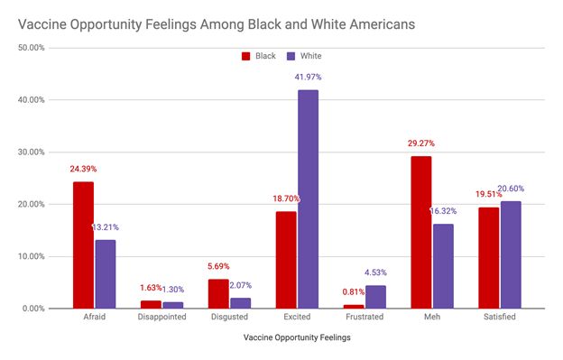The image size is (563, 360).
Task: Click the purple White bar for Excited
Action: coord(308,198)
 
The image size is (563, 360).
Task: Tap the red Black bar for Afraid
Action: coord(83,245)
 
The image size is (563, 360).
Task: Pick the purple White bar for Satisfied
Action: coord(511,254)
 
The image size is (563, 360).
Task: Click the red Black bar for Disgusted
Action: coord(218,293)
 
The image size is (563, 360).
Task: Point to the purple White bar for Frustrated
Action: coord(375,297)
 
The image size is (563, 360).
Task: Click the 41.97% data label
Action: coord(308,78)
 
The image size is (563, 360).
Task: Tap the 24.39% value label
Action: coord(83,168)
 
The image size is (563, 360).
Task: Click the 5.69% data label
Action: coord(218,266)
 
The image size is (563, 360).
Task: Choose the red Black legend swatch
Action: coord(245,56)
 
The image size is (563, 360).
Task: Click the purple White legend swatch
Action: coord(291,56)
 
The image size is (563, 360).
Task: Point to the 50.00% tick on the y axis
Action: coord(32,48)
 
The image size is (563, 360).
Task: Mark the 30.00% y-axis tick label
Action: coord(32,152)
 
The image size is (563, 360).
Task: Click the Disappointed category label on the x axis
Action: coord(162,318)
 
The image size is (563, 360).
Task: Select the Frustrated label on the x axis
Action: coord(365,318)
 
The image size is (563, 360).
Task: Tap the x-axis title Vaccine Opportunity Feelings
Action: coord(297,338)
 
